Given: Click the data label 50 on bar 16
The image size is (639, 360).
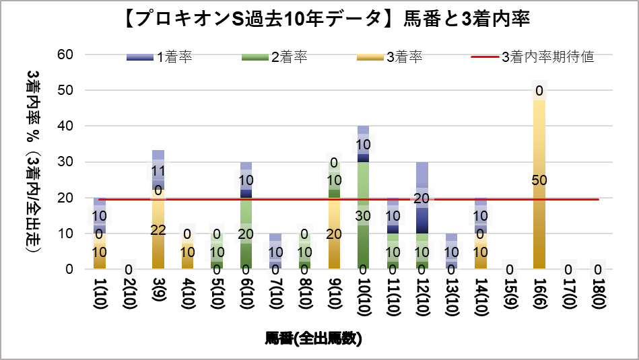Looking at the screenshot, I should click(539, 180).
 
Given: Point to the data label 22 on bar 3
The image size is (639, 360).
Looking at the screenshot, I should click(158, 229).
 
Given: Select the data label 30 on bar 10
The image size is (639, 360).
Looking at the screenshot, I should click(363, 216).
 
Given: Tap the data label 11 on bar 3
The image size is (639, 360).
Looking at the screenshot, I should click(158, 170).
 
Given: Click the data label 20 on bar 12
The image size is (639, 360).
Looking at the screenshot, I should click(422, 199).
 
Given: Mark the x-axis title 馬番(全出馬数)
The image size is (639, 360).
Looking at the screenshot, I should click(314, 338).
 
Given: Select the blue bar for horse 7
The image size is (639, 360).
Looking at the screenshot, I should click(275, 251).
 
